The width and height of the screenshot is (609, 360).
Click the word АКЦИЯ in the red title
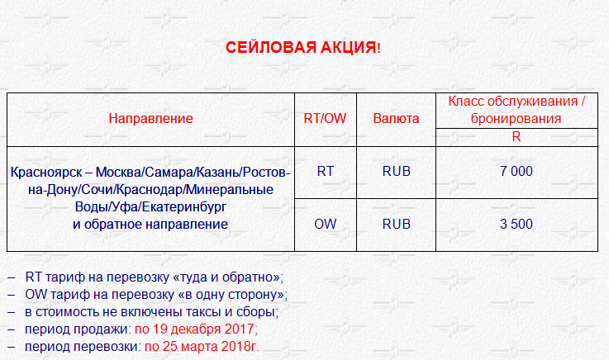pos(349,47)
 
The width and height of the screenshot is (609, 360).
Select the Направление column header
pos(150,118)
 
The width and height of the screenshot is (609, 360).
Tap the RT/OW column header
pos(325,118)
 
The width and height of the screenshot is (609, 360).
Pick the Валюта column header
pos(396,118)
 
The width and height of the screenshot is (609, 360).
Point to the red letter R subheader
pos(516,136)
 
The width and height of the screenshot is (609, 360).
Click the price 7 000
pos(516,171)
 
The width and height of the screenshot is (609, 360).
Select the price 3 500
pos(516,224)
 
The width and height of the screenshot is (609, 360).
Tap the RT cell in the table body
pos(325,171)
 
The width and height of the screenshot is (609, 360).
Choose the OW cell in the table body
pos(325,224)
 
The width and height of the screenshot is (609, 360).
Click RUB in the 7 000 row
pos(396,171)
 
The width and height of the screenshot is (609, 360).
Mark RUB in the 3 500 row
pos(396,224)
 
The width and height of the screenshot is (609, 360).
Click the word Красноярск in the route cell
pos(46,173)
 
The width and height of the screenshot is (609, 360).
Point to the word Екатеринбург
pos(183,207)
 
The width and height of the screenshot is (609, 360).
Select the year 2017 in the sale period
pos(239,329)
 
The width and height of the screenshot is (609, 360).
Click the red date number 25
pos(169,347)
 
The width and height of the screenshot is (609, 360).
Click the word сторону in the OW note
pos(258,295)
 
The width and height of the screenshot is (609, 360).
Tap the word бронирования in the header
pos(516,118)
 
